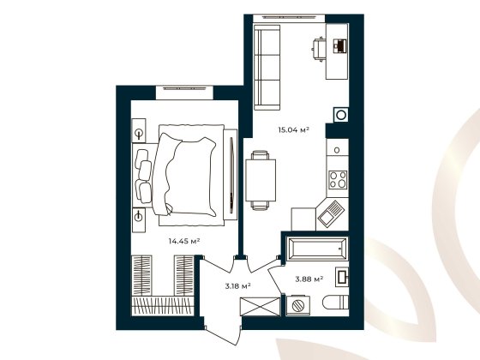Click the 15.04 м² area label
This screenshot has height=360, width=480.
pos(292,130)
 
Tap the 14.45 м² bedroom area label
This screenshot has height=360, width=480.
pos(185,242)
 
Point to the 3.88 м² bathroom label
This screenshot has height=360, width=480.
pos(309,279)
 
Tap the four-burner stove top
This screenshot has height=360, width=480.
pos(338,181)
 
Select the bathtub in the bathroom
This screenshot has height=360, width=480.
pos(318,249)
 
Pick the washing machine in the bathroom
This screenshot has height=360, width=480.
pos(298,306)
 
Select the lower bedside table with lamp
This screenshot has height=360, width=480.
pos(140,216)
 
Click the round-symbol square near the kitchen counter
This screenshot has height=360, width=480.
pos(341,114)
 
